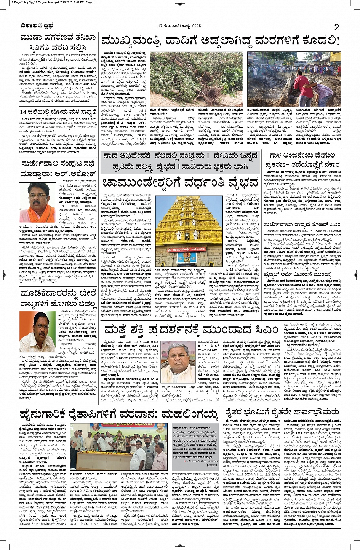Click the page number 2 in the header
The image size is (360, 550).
pyautogui.click(x=336, y=27)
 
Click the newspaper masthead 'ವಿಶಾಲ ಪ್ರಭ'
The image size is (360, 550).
pyautogui.click(x=37, y=26)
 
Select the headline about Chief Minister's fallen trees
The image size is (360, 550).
pyautogui.click(x=220, y=41)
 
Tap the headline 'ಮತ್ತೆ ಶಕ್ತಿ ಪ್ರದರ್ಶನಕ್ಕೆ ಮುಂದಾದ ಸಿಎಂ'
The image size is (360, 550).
pyautogui.click(x=194, y=330)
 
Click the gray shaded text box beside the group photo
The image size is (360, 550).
pyautogui.click(x=195, y=443)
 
